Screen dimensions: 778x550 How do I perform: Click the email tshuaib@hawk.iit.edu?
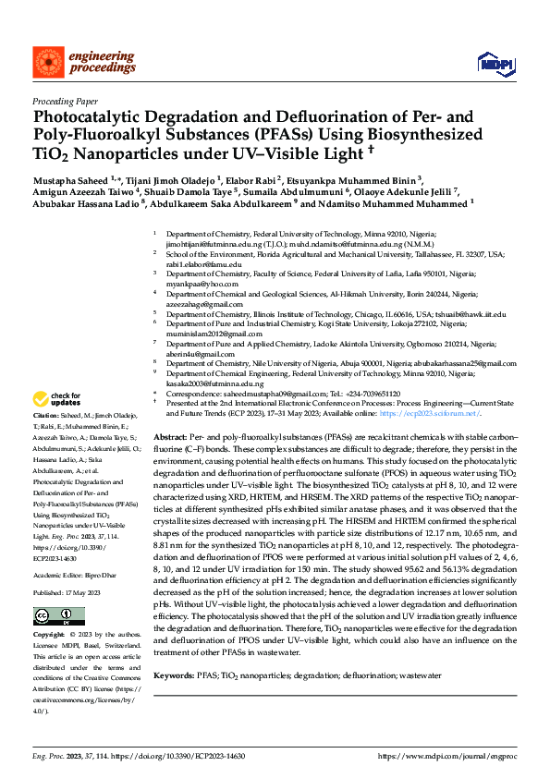click(x=465, y=314)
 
